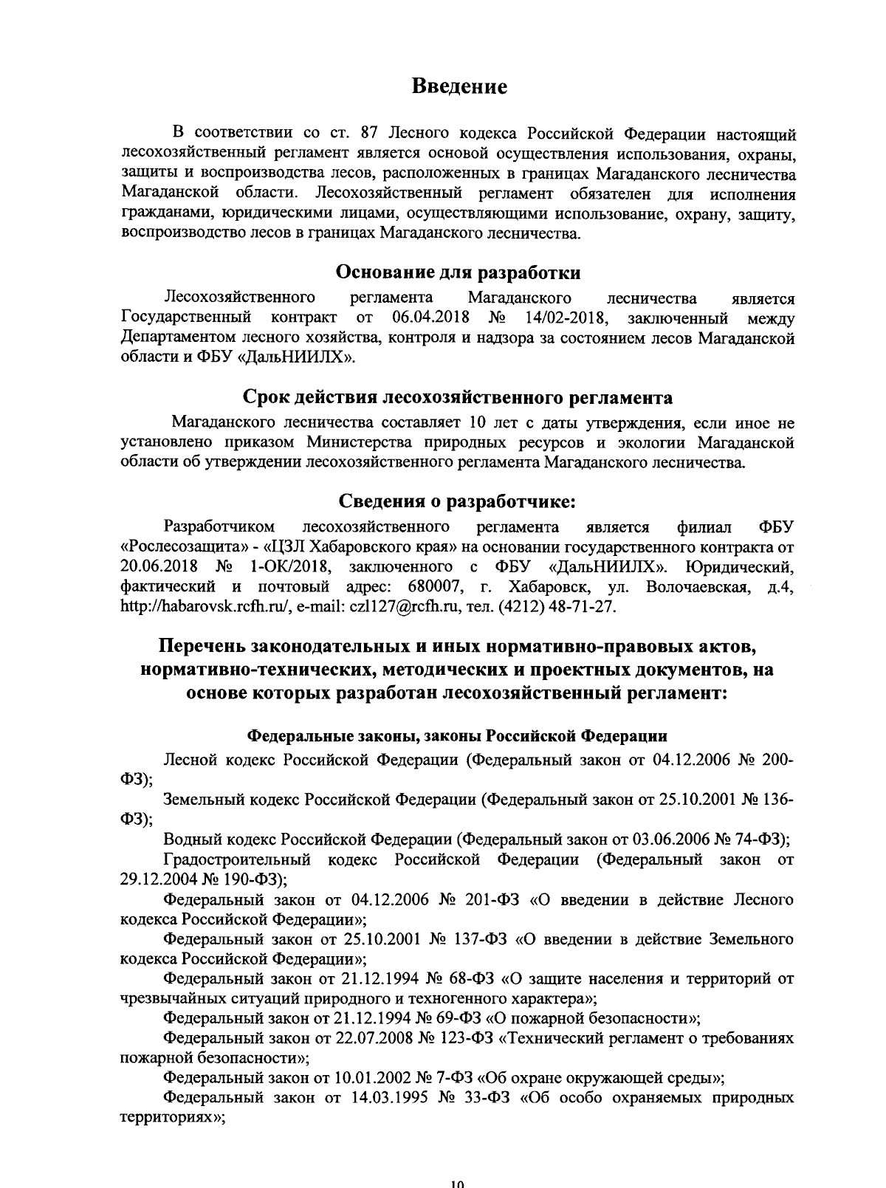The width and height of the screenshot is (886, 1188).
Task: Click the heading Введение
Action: click(459, 86)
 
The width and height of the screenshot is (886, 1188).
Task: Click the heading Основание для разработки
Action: click(458, 272)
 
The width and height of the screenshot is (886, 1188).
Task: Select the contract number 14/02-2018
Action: click(566, 318)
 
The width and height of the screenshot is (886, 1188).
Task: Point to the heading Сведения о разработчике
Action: click(457, 501)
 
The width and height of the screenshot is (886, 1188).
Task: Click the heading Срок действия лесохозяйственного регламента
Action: click(458, 398)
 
